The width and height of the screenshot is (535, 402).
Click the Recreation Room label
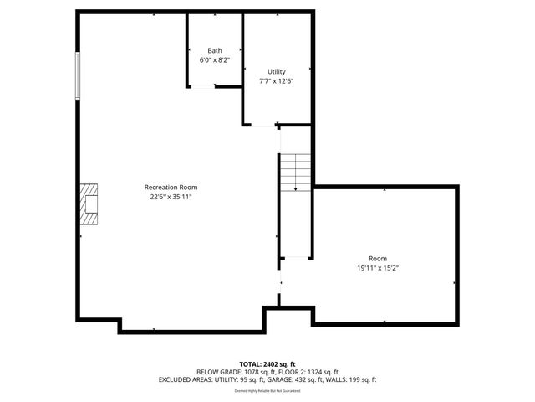pos(171,187)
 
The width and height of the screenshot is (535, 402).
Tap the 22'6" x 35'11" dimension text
pos(171,197)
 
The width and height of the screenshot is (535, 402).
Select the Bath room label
pos(215,51)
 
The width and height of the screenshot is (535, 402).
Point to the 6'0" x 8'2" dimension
pos(215,61)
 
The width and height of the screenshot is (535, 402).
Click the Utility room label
pos(277,71)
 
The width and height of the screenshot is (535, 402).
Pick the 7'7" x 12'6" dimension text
pos(277,81)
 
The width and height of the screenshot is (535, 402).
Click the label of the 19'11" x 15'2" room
pos(378,258)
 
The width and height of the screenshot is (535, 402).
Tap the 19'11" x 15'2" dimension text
pos(378,268)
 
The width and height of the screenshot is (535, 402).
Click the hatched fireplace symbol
pos(89,204)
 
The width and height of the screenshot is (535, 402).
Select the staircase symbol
pos(295,173)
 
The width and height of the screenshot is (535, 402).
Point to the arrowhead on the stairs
pos(295,190)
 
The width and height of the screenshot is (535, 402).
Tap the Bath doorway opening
pos(203,85)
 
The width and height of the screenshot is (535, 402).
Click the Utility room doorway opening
pos(266,126)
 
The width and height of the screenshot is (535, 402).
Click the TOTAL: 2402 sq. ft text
pos(267,363)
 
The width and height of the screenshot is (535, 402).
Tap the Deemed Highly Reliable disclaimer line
pos(267,390)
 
